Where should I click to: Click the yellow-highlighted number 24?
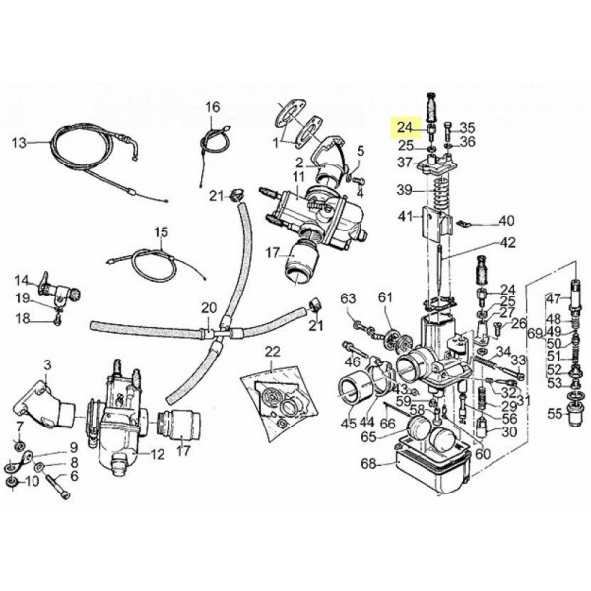click(405, 126)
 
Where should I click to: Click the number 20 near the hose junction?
click(208, 307)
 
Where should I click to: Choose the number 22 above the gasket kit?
click(271, 352)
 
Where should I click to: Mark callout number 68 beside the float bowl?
click(369, 463)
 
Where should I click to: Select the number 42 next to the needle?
click(507, 242)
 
